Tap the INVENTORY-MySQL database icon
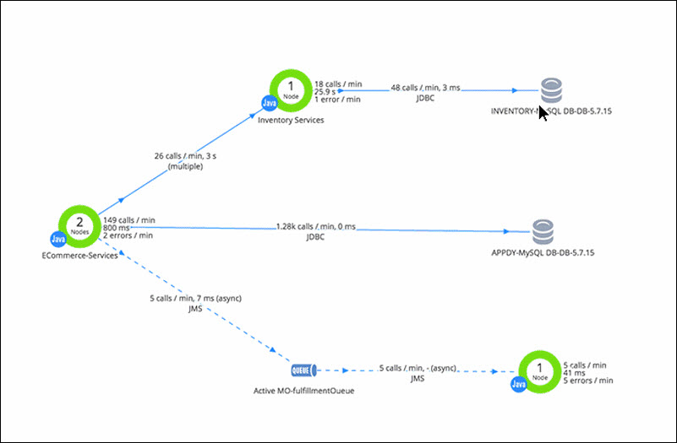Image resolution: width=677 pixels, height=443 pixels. coord(551,90)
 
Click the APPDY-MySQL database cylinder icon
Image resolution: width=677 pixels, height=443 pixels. coord(543,230)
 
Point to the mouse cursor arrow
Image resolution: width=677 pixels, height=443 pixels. coord(543,112)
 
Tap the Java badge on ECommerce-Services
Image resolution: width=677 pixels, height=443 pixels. coord(57,240)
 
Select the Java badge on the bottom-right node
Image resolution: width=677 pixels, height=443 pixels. coord(518,385)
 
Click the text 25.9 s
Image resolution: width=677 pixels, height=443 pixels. coord(326,91)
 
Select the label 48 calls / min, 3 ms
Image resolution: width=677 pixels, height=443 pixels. coord(425,88)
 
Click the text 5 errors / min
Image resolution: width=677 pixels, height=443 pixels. coord(588,381)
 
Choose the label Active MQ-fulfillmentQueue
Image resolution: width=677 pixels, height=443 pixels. coord(303,392)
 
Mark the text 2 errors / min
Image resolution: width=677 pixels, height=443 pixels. coord(134,235)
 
